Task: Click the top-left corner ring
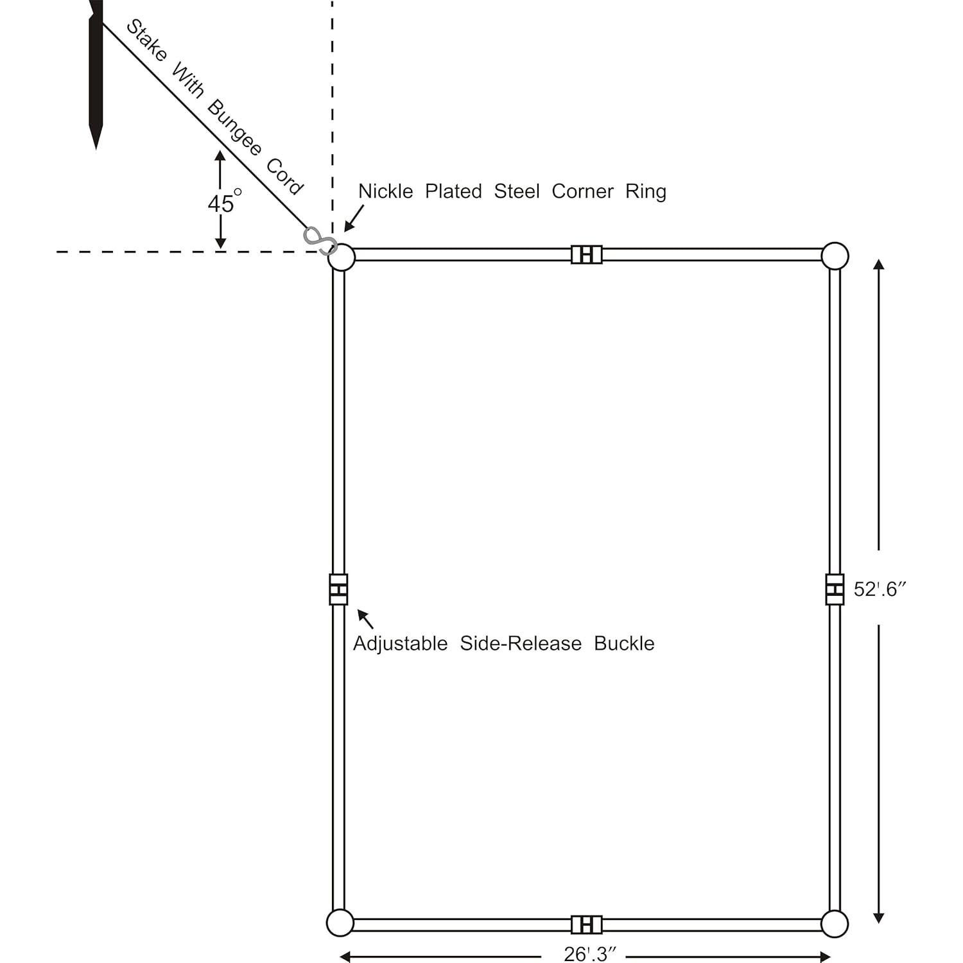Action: [341, 257]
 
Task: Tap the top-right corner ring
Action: [835, 256]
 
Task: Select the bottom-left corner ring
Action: [340, 923]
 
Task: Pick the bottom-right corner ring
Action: [835, 924]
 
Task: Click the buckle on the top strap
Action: [587, 254]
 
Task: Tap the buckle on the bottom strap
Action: [587, 924]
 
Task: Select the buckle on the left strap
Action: [338, 589]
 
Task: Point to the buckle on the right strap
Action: [835, 589]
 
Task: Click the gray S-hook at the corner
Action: [320, 240]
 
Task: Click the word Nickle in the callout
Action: [385, 191]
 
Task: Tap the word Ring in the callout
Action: [646, 192]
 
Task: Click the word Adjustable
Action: [400, 643]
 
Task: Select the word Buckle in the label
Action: [624, 643]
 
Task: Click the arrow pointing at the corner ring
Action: [354, 218]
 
